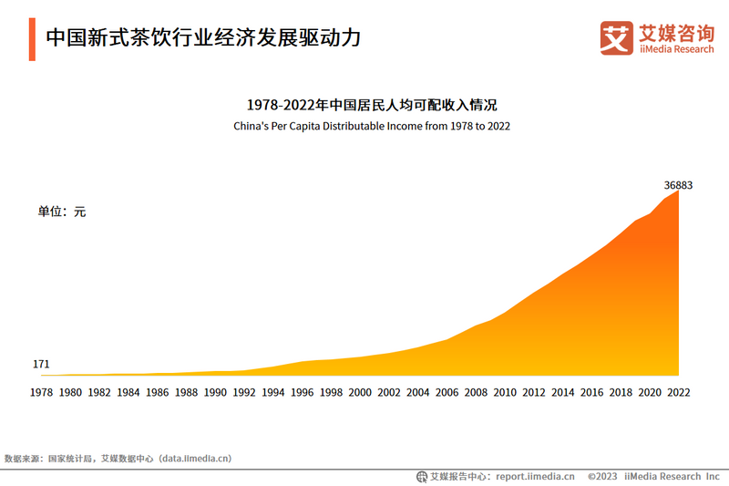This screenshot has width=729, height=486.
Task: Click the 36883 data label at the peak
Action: (x=678, y=185)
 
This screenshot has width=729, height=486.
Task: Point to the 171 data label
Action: (x=41, y=365)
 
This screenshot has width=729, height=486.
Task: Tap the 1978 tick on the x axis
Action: (x=41, y=392)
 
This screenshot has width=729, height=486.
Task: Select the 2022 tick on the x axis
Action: (x=678, y=392)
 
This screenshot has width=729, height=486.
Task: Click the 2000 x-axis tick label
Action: (x=360, y=392)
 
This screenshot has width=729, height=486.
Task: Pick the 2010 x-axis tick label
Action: (x=505, y=392)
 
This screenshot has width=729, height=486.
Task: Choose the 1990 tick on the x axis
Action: (x=215, y=392)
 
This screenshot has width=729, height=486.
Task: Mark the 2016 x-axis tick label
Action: (x=591, y=392)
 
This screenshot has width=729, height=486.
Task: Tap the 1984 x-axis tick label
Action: (x=128, y=392)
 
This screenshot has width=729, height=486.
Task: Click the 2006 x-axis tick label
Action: (x=447, y=392)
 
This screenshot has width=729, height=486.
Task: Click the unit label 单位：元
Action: (x=61, y=212)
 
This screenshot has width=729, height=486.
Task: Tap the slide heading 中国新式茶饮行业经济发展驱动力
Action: (x=203, y=38)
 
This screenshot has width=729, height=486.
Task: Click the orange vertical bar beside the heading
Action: (x=32, y=38)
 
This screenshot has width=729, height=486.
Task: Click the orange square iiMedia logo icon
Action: (x=616, y=37)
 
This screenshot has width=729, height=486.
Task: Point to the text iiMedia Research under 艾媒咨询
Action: (x=676, y=49)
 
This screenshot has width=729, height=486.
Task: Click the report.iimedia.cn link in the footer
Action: (x=533, y=476)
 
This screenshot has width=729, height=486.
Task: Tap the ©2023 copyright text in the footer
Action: (x=602, y=476)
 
